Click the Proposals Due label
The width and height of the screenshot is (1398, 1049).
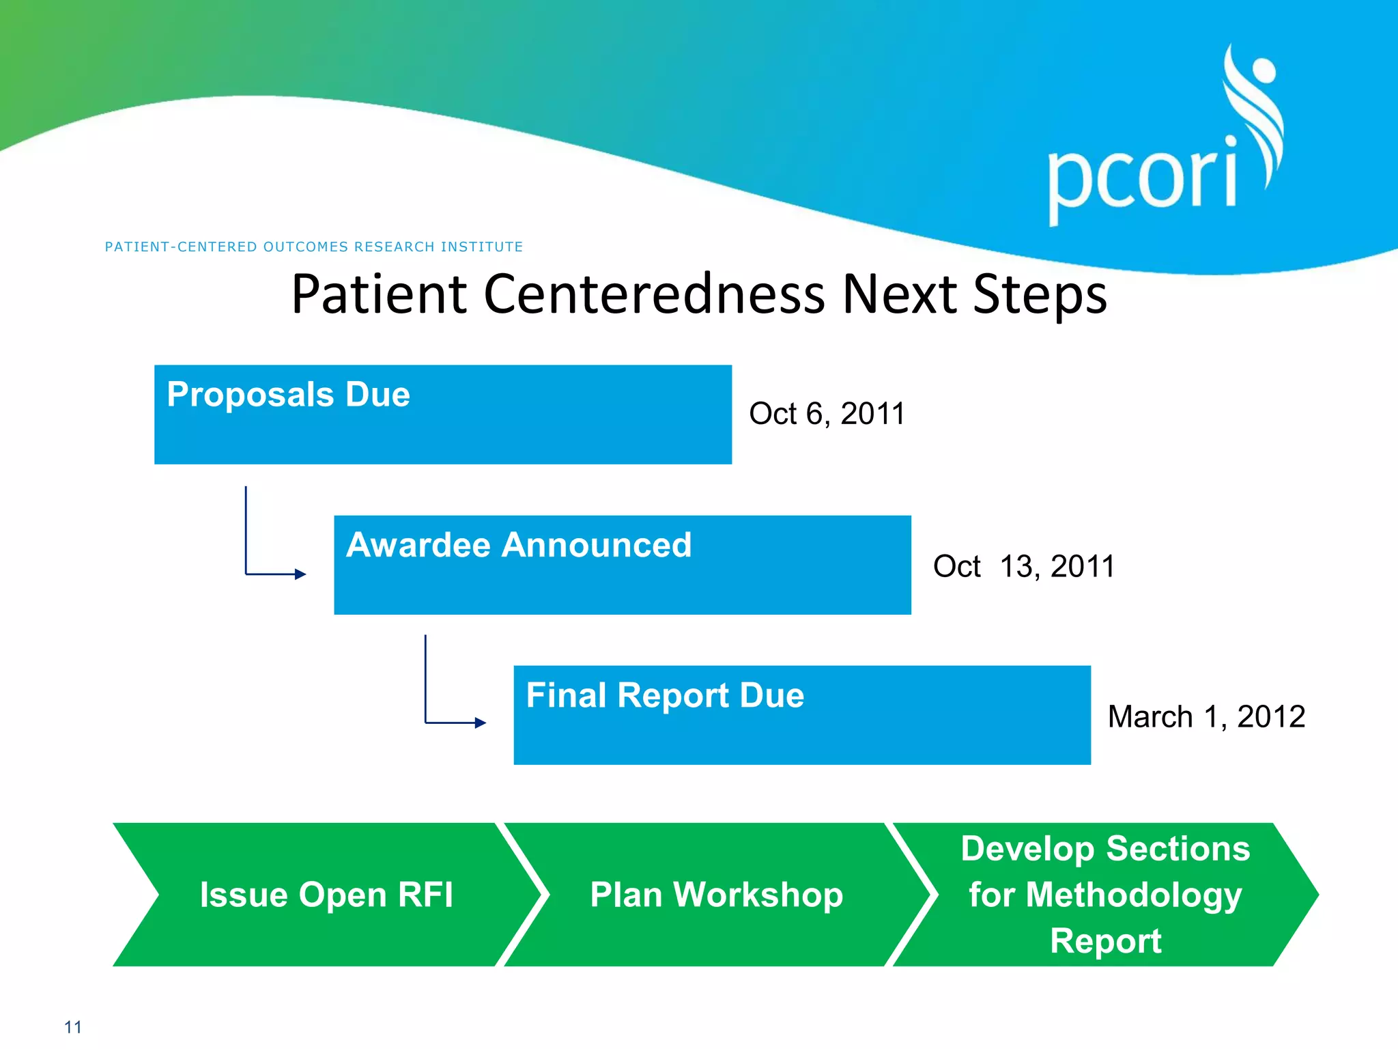pyautogui.click(x=288, y=395)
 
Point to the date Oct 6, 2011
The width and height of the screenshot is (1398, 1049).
pyautogui.click(x=827, y=414)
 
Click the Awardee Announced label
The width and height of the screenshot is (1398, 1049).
pyautogui.click(x=519, y=545)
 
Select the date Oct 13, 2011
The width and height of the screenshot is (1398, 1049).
pyautogui.click(x=1023, y=566)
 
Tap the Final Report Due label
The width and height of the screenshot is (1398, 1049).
pyautogui.click(x=665, y=695)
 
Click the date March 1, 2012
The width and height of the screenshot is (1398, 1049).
pyautogui.click(x=1206, y=716)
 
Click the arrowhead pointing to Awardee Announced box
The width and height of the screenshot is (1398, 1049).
pyautogui.click(x=300, y=574)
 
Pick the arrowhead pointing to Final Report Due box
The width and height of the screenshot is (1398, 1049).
pyautogui.click(x=481, y=723)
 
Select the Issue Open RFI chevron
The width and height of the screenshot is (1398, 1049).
pyautogui.click(x=326, y=895)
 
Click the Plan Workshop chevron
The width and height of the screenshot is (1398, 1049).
pyautogui.click(x=716, y=895)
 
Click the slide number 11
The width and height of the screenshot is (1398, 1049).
pyautogui.click(x=73, y=1027)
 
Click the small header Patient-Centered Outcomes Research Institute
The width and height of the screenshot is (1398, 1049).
pyautogui.click(x=313, y=247)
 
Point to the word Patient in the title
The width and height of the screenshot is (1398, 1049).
pyautogui.click(x=379, y=294)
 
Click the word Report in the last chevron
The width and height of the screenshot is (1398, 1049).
pyautogui.click(x=1105, y=941)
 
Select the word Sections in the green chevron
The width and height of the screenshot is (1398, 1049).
pyautogui.click(x=1178, y=849)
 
